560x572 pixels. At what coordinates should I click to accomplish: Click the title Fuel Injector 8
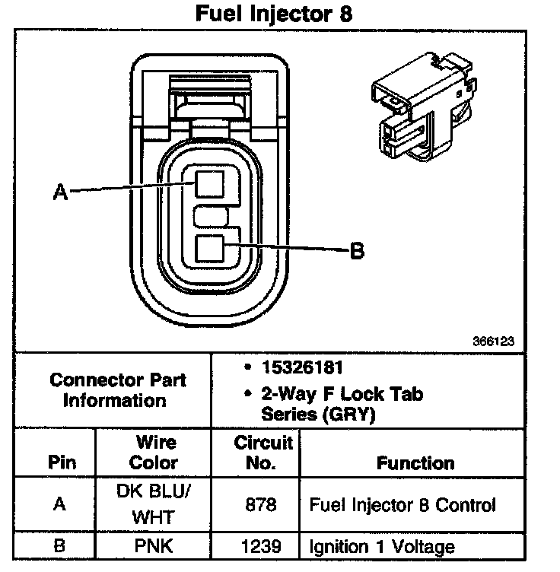275,14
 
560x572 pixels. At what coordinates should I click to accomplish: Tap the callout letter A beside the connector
61,193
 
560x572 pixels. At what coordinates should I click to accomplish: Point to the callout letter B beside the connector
356,250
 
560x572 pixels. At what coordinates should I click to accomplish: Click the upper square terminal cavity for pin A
208,184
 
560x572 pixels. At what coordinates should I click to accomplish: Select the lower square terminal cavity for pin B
208,249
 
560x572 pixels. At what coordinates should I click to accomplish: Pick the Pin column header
62,462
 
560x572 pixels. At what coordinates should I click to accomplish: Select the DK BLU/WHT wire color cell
154,504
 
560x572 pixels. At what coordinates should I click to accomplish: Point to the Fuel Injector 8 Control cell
402,504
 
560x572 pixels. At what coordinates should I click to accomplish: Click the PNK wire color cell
154,546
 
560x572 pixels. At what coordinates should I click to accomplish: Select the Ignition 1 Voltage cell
382,546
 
